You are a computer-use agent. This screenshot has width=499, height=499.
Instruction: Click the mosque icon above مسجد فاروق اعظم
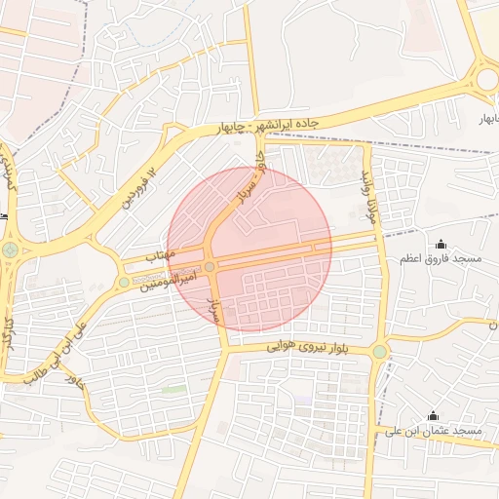[441, 244]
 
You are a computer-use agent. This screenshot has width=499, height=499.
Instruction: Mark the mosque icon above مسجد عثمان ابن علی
[433, 416]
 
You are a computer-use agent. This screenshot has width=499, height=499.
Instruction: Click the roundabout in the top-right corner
[486, 77]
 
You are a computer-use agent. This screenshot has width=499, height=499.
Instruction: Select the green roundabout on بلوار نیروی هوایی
[379, 352]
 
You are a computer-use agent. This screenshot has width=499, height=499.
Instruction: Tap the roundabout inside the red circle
[210, 266]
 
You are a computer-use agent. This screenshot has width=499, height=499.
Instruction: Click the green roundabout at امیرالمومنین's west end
[124, 283]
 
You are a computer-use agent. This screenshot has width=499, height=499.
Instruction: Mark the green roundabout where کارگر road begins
[10, 250]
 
